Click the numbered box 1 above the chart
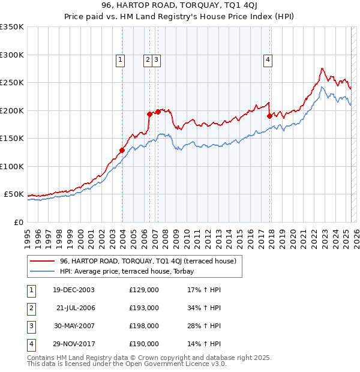(x=121, y=59)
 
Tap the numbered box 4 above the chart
(x=268, y=59)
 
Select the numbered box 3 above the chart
(x=156, y=59)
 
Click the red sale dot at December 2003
(x=122, y=150)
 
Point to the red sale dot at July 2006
(x=149, y=113)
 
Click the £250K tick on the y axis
(x=12, y=83)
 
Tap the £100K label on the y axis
(x=12, y=166)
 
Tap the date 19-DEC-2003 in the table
(x=73, y=290)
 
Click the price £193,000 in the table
(x=144, y=308)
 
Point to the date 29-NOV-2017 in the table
(x=74, y=344)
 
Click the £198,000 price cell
(x=144, y=326)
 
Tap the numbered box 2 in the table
(x=30, y=308)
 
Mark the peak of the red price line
(x=323, y=68)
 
